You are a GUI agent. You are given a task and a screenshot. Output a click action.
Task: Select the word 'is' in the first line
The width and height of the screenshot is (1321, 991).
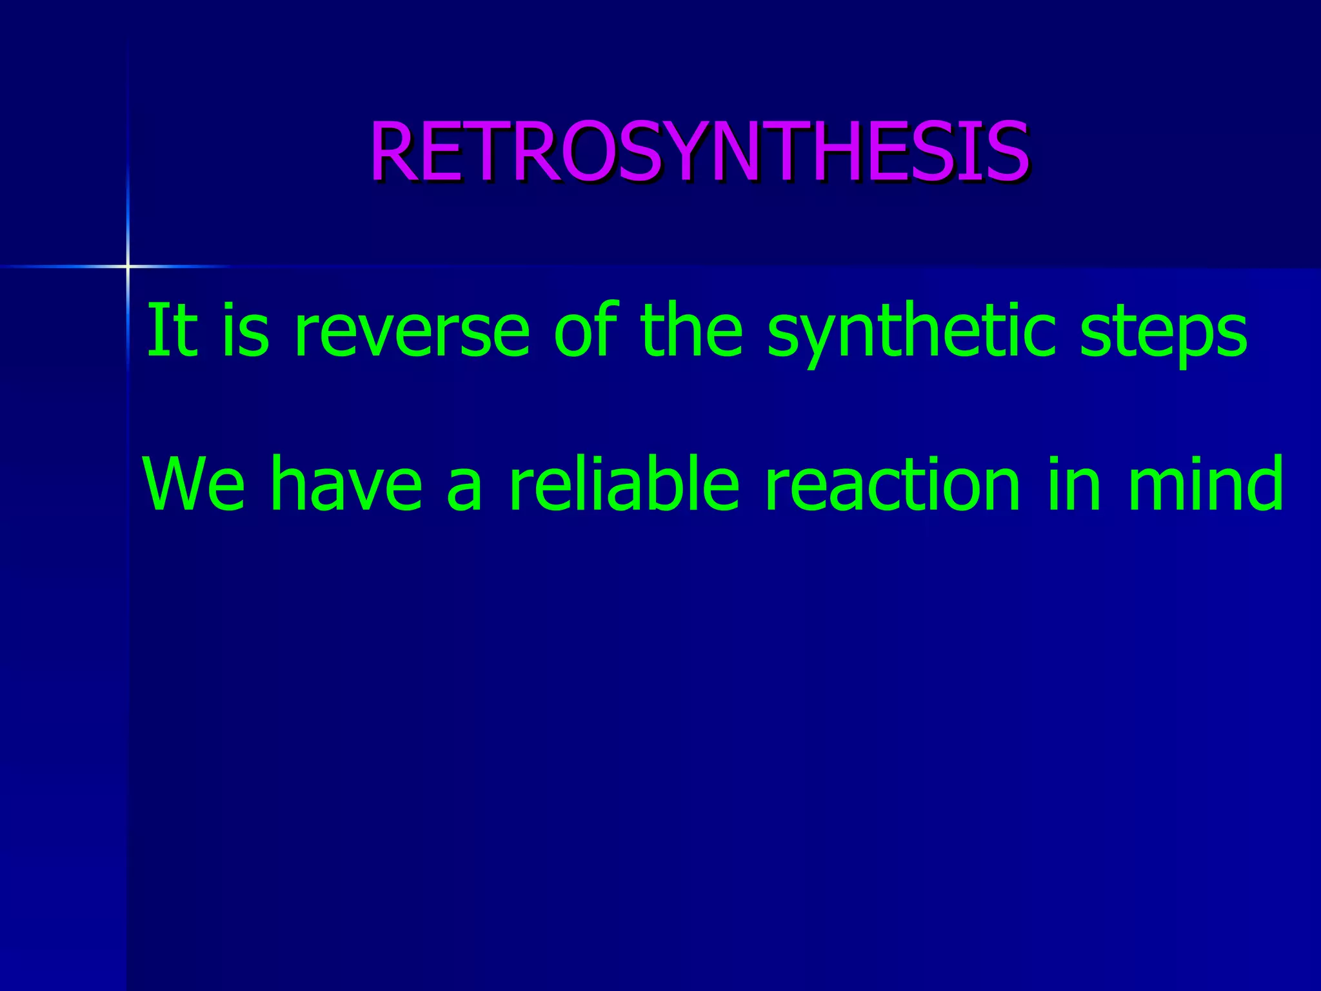click(x=245, y=330)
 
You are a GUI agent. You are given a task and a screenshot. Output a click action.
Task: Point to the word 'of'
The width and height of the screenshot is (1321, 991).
click(x=586, y=330)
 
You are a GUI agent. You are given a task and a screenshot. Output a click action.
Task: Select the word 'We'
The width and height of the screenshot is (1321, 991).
click(x=194, y=484)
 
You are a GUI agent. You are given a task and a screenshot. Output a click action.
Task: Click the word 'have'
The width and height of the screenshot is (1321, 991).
click(x=347, y=484)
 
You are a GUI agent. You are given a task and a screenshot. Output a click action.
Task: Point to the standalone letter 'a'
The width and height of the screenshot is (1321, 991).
click(x=465, y=490)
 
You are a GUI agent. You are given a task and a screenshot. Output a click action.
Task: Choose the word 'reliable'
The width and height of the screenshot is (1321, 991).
click(x=624, y=484)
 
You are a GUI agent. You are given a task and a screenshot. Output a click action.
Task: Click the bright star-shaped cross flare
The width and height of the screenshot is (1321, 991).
click(x=128, y=266)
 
